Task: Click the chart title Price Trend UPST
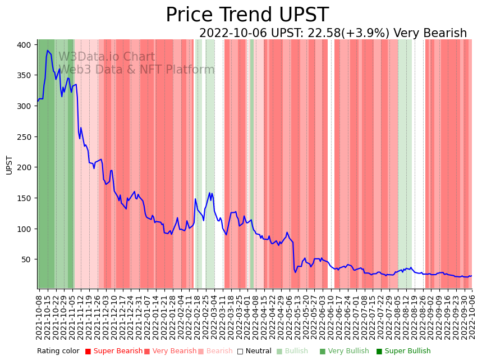pyautogui.click(x=247, y=15)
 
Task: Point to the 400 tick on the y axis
pyautogui.click(x=27, y=45)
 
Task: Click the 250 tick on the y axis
pyautogui.click(x=27, y=137)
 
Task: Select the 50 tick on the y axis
pyautogui.click(x=29, y=259)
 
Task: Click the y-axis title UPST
pyautogui.click(x=9, y=165)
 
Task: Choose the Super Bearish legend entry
pyautogui.click(x=113, y=351)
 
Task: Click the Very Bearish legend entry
pyautogui.click(x=170, y=351)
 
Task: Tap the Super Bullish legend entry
pyautogui.click(x=403, y=351)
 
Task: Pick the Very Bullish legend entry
pyautogui.click(x=344, y=351)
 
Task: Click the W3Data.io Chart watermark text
pyautogui.click(x=107, y=57)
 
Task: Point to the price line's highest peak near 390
pyautogui.click(x=48, y=51)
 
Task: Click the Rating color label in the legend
pyautogui.click(x=58, y=351)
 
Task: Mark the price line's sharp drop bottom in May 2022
pyautogui.click(x=295, y=272)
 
